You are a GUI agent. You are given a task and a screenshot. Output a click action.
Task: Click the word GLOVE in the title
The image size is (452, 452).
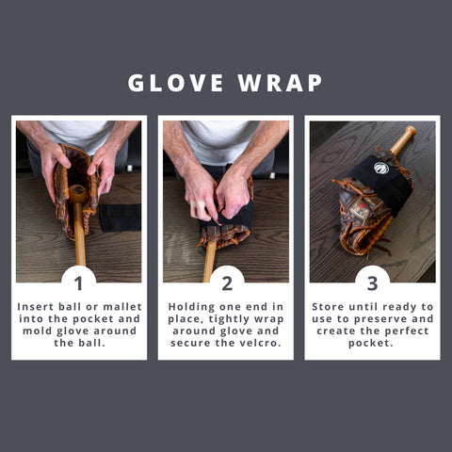(174, 83)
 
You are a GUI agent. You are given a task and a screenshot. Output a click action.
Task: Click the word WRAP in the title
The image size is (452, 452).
(280, 83)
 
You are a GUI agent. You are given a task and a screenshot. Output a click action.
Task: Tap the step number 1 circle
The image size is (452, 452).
(79, 282)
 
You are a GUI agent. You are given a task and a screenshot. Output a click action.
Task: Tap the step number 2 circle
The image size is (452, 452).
(226, 282)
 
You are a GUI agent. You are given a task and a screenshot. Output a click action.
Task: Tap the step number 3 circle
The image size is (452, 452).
(372, 282)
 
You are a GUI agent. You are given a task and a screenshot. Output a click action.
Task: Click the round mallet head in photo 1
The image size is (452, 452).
(77, 193)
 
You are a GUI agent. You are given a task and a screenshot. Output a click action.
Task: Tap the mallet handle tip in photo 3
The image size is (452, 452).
(407, 132)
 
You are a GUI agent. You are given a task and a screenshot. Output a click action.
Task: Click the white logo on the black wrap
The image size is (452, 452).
(380, 169)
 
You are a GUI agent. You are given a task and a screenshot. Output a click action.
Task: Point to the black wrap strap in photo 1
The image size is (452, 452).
(120, 216)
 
